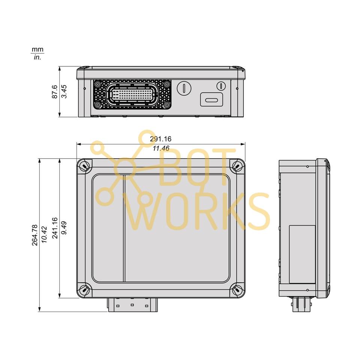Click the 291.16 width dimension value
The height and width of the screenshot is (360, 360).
pyautogui.click(x=160, y=139)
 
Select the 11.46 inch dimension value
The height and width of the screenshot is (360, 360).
pyautogui.click(x=161, y=148)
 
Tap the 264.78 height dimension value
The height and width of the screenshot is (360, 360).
pyautogui.click(x=34, y=235)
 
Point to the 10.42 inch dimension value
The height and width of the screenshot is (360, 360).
pyautogui.click(x=44, y=235)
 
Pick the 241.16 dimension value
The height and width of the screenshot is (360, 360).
pyautogui.click(x=55, y=228)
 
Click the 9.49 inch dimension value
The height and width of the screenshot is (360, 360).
pyautogui.click(x=64, y=228)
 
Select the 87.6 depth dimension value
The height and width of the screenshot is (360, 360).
pyautogui.click(x=55, y=92)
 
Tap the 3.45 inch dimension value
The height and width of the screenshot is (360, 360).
pyautogui.click(x=64, y=91)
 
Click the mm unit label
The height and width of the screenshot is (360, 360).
pyautogui.click(x=37, y=49)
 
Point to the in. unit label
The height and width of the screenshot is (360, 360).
pyautogui.click(x=37, y=57)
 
